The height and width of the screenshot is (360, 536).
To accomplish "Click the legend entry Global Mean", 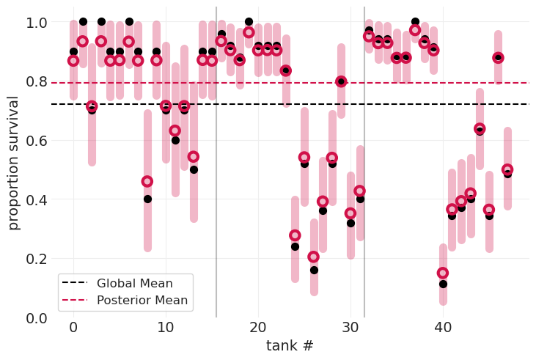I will click(134, 284).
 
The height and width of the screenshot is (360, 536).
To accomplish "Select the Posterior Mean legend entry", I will click(142, 300).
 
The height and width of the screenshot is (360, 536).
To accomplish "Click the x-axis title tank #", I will click(290, 345).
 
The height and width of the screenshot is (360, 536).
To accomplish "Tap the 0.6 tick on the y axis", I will click(32, 141).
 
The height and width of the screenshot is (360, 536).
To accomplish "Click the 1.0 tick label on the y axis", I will click(32, 23).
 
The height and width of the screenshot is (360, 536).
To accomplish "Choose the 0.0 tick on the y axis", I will click(32, 317).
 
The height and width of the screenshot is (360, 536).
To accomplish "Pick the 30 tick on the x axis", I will click(350, 327).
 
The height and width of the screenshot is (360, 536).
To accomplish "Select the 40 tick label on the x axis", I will click(443, 327).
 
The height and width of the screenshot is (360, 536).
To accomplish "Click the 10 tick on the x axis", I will click(166, 327).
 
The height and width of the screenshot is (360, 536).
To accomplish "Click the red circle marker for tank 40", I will click(443, 273).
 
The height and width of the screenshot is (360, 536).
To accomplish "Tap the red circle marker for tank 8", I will click(147, 181).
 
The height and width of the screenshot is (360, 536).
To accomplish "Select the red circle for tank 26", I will click(314, 257).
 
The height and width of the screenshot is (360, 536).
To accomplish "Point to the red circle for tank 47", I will click(507, 169).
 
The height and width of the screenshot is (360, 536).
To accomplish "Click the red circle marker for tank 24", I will click(295, 235).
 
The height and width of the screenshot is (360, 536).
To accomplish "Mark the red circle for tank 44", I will click(480, 128).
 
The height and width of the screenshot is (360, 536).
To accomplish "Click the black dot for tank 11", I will click(175, 140).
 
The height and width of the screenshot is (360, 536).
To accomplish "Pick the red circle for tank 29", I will click(341, 81).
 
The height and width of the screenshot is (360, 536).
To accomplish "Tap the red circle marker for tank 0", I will click(73, 60).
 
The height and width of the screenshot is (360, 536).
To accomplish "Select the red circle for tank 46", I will click(498, 57).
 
